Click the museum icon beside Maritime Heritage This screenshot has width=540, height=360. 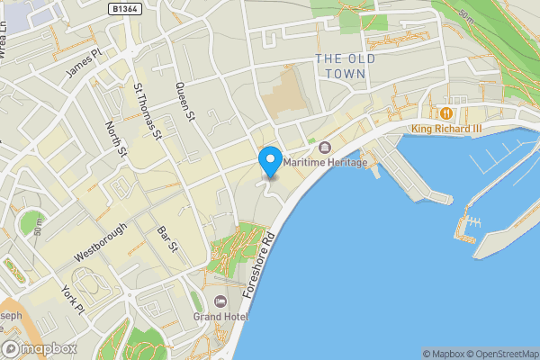(x=325, y=148)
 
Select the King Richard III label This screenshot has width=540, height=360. (x=446, y=129)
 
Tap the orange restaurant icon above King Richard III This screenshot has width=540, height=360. (x=445, y=112)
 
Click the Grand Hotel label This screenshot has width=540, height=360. (x=219, y=317)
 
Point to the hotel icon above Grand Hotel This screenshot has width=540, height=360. (x=220, y=301)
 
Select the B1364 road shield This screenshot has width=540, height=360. (x=124, y=8)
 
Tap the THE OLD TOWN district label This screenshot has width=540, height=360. (x=341, y=66)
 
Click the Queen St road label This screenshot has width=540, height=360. (x=185, y=101)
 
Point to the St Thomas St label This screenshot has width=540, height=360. (x=146, y=112)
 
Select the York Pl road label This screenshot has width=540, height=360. (x=72, y=298)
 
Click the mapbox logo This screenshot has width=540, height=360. (x=38, y=349)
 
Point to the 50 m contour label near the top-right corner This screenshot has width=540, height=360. (x=465, y=15)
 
